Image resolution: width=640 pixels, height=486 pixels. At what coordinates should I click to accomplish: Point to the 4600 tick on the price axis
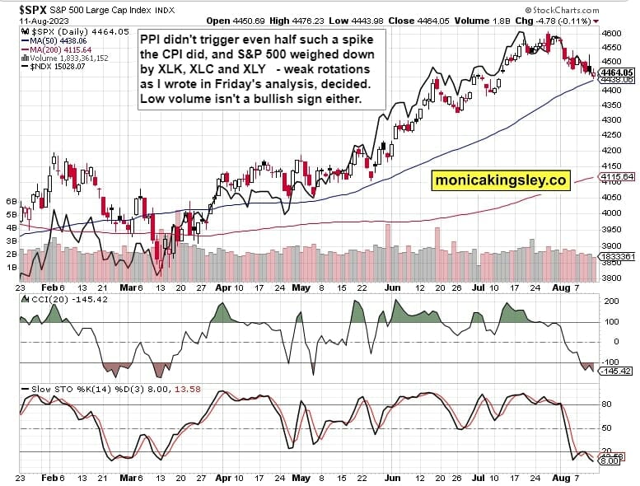(611, 33)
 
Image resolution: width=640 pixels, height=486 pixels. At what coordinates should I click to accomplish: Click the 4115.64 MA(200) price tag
(617, 176)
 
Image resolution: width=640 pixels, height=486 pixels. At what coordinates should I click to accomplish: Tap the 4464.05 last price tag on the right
(617, 72)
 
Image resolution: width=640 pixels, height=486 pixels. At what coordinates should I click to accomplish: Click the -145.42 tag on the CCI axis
(616, 371)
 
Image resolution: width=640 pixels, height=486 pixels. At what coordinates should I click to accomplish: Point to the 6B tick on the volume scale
(12, 201)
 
